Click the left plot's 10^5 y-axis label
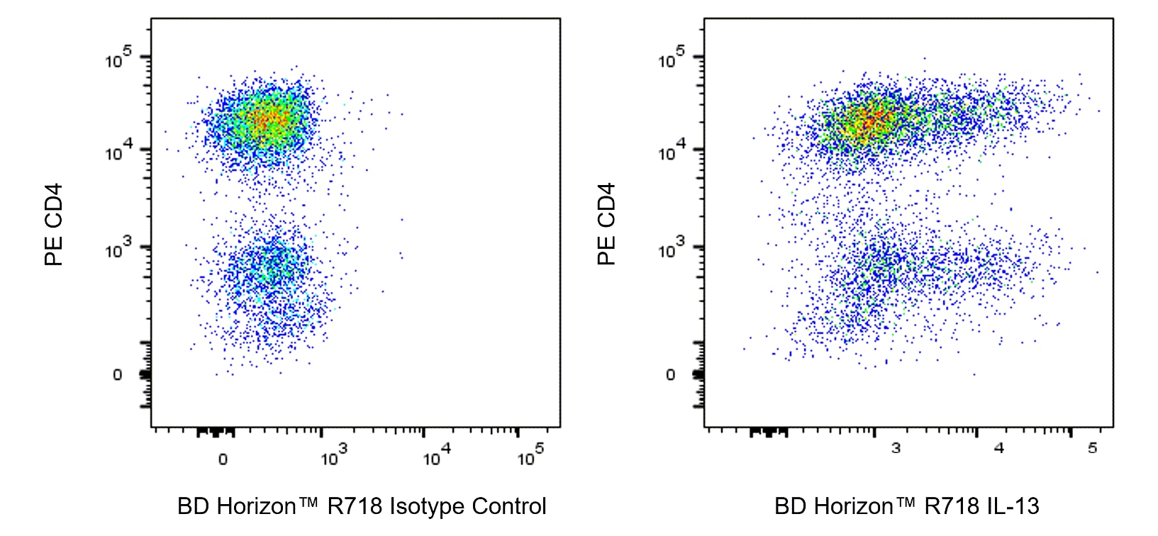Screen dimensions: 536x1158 point(118,58)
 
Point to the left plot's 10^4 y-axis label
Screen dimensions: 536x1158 point(118,151)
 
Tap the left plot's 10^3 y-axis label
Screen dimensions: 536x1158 point(118,249)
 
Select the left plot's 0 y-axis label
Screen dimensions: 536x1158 point(118,375)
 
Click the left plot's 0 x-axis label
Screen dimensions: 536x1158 point(223,459)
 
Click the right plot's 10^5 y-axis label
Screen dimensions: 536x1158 point(672,58)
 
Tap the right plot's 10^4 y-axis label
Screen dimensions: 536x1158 point(672,151)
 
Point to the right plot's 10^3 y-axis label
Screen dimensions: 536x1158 point(672,249)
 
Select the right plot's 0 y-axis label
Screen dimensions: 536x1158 point(671,375)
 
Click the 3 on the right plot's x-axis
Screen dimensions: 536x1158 point(896,448)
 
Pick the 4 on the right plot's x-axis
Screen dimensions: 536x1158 point(999,448)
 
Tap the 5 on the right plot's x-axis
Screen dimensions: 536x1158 point(1093,448)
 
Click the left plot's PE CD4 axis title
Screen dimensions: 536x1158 point(54,224)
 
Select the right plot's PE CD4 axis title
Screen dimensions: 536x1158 point(606,224)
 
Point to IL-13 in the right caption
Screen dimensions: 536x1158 point(1012,506)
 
